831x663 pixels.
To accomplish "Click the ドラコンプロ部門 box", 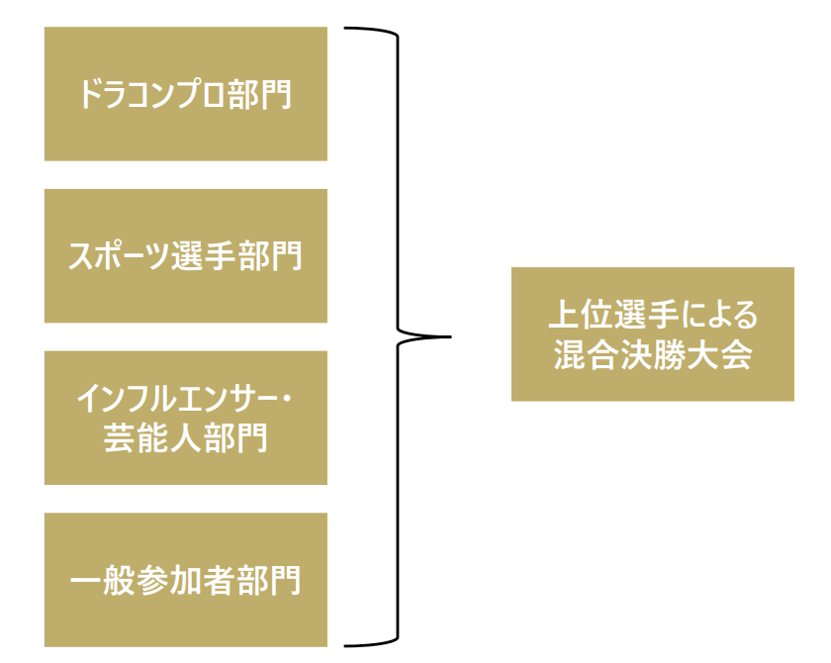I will (x=186, y=94).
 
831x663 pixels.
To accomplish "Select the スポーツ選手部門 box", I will (x=186, y=256).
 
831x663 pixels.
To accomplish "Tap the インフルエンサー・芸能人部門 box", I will (x=186, y=419).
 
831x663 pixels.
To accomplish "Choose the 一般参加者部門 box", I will (x=186, y=580).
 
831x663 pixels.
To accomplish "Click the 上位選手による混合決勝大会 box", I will (x=652, y=333).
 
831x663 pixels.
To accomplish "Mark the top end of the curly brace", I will (x=345, y=30).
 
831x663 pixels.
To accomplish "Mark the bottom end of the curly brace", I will (x=345, y=644).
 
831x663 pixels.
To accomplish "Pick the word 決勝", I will (x=652, y=353).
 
